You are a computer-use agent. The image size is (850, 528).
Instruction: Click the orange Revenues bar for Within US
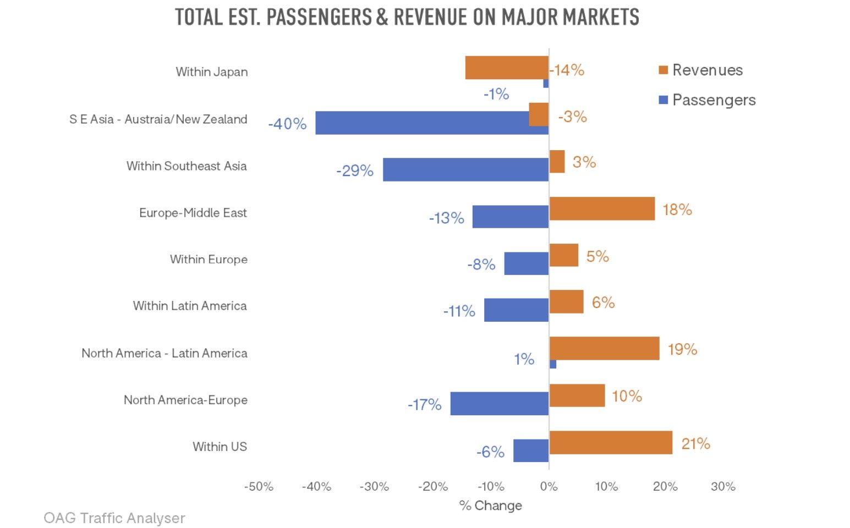coord(611,442)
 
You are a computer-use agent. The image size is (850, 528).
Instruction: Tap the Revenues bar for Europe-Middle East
coord(602,208)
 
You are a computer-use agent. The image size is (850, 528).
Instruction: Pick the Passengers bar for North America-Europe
coord(499,404)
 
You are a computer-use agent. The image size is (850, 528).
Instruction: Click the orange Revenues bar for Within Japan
coord(507,68)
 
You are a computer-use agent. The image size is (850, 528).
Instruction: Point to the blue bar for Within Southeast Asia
coord(465,169)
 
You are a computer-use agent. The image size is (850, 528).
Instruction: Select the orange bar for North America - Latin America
coord(604,348)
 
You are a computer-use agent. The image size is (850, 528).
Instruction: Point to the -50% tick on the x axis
coord(259,487)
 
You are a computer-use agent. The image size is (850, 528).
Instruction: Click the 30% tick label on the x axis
coord(722,487)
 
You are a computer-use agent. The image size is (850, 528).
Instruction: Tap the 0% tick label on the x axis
coord(549,487)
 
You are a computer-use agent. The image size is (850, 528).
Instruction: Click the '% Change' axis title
coord(490,505)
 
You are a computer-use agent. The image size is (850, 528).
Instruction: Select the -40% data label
coord(287,124)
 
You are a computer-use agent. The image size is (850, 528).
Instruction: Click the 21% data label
coord(695,444)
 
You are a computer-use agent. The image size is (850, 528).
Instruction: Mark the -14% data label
coord(567,70)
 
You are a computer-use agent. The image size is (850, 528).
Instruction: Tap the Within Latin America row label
coord(190,306)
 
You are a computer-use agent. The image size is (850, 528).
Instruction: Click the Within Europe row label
coord(209,259)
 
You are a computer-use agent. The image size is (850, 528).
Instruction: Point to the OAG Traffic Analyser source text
coord(114,518)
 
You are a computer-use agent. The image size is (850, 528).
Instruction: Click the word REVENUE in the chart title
coord(430,18)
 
